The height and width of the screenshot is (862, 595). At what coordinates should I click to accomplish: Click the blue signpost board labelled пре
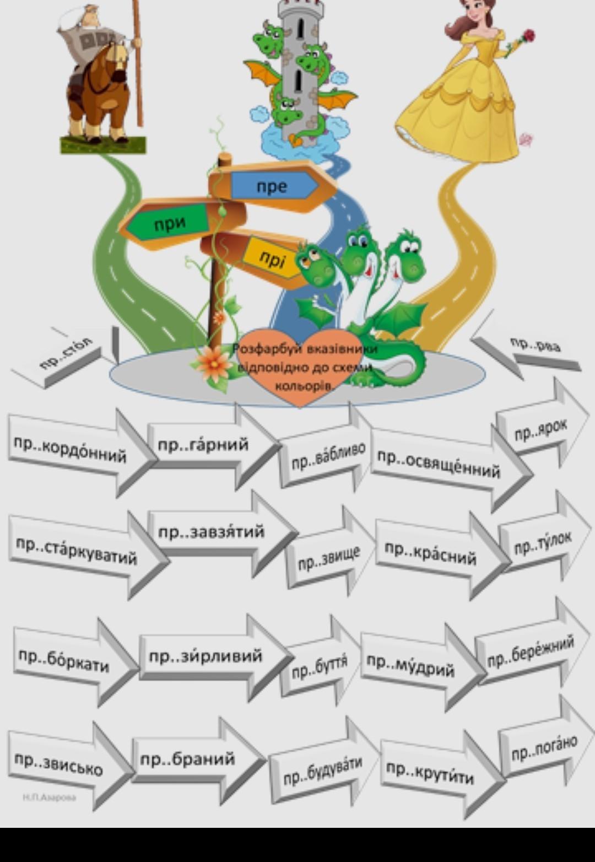273,186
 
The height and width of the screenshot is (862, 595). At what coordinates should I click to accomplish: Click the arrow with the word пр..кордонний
72,450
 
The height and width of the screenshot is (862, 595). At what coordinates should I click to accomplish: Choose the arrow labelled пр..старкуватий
77,551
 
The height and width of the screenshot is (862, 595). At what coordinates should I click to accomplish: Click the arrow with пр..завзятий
212,532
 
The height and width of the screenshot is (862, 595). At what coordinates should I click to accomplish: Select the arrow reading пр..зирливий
206,656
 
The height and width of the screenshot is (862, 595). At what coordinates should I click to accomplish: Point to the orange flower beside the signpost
214,364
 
